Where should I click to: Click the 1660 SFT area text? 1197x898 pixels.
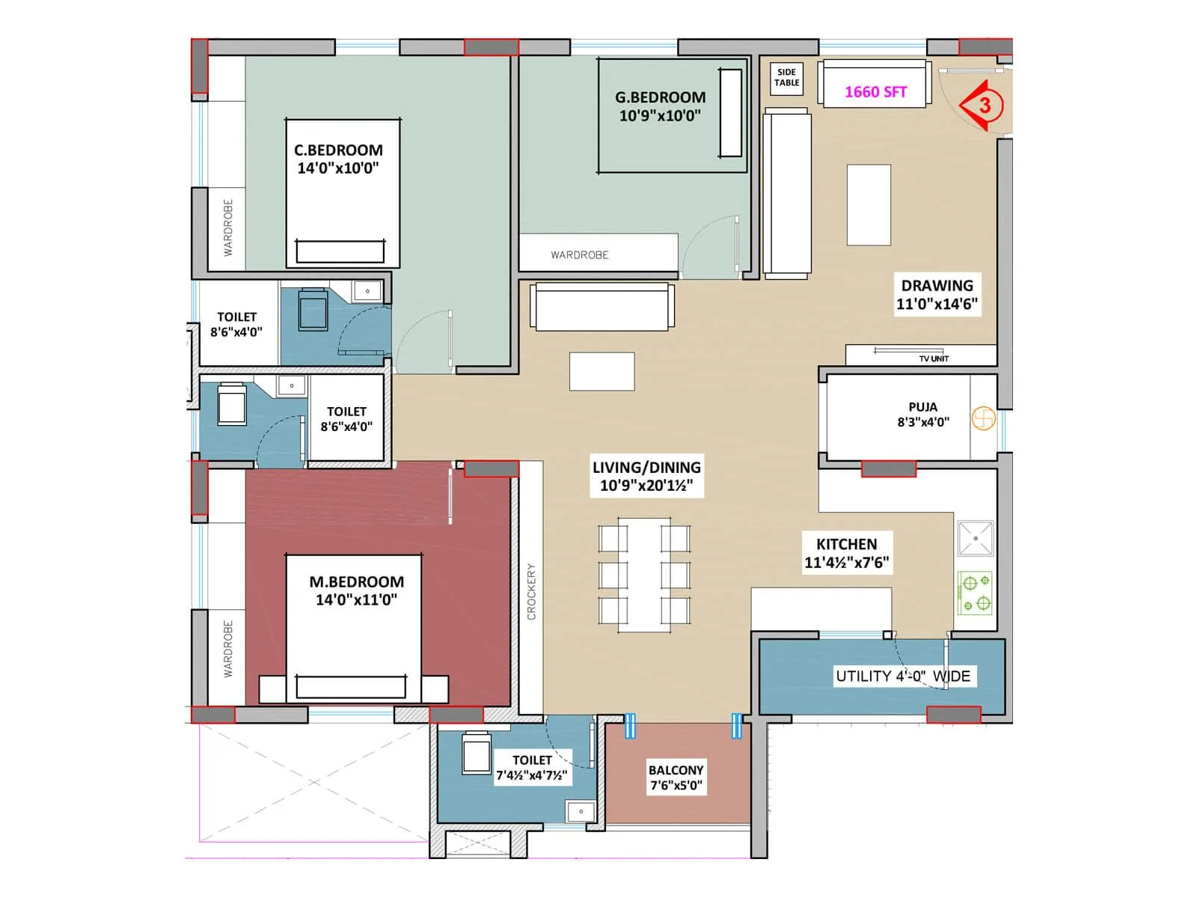875,92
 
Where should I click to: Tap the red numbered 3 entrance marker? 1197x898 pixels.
982,106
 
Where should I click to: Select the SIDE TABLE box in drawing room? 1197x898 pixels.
786,78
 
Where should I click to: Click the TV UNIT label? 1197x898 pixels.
933,358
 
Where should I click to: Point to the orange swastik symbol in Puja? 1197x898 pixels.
983,418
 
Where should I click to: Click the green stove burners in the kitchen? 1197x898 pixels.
976,593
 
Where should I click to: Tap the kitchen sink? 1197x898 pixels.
976,539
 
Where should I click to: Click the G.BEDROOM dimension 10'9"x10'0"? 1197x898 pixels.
660,116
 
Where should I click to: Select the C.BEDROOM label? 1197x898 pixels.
338,150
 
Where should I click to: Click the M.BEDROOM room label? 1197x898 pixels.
356,582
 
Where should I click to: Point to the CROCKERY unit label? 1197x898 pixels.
531,591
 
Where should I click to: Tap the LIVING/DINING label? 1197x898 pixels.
646,468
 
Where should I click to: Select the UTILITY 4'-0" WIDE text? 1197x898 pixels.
902,676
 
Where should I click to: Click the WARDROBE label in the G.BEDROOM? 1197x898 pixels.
580,255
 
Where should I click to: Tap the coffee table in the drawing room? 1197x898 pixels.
869,205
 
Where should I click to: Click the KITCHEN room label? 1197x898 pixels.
846,545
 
